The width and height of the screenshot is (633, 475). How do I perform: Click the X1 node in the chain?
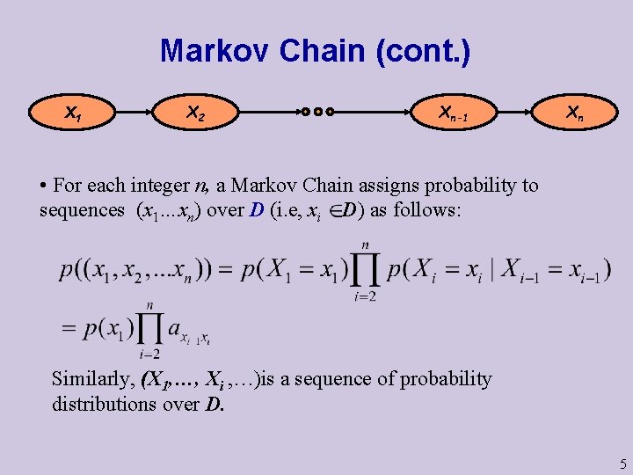tap(74, 113)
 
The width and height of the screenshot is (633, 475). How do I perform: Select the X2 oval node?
tap(196, 113)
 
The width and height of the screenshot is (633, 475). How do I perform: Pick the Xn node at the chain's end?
tap(574, 113)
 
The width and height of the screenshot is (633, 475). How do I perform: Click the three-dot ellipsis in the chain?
tap(317, 113)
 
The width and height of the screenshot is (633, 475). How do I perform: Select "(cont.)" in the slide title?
tap(422, 51)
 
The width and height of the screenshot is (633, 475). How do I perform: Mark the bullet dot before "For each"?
tap(43, 186)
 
